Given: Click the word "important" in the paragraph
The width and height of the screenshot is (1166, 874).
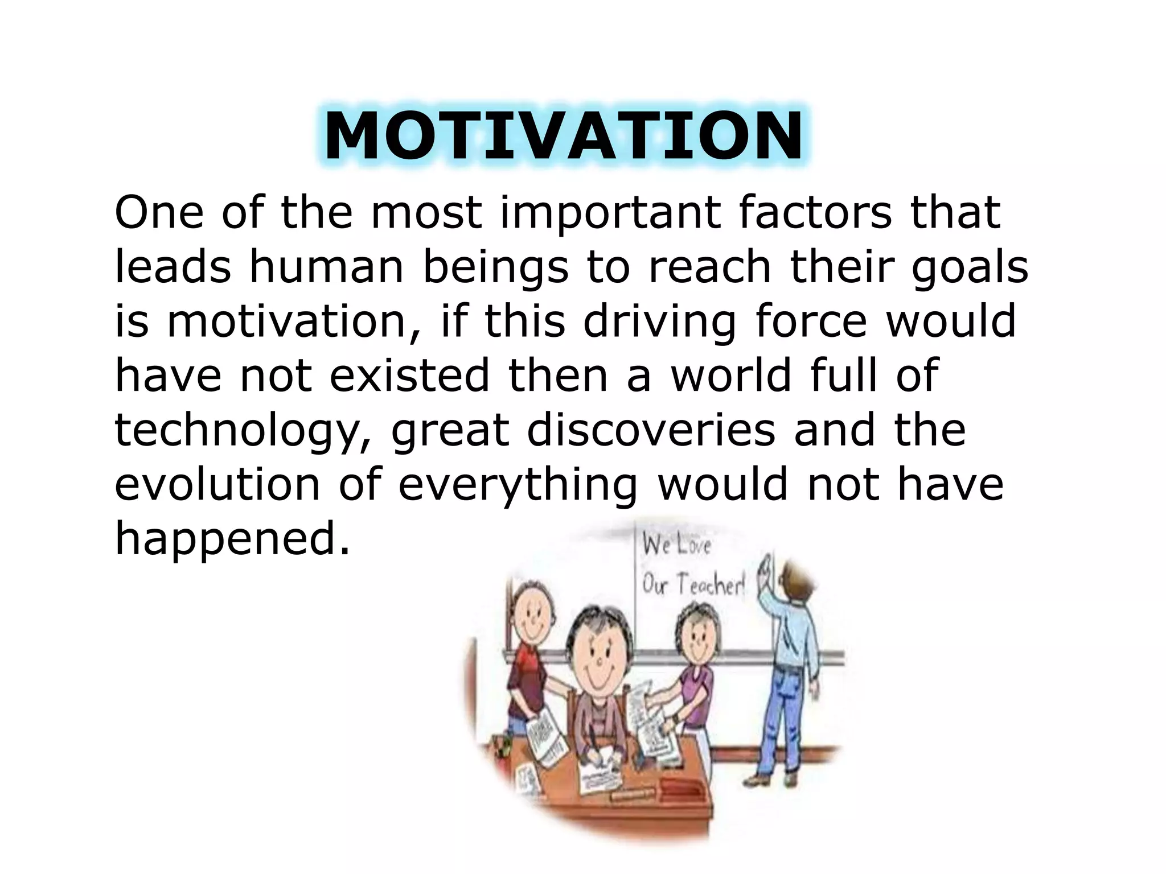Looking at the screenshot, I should point(610,213).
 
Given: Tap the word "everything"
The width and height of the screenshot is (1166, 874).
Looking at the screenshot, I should point(518,485).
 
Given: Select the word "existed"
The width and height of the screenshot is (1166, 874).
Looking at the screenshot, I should point(409,376).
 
